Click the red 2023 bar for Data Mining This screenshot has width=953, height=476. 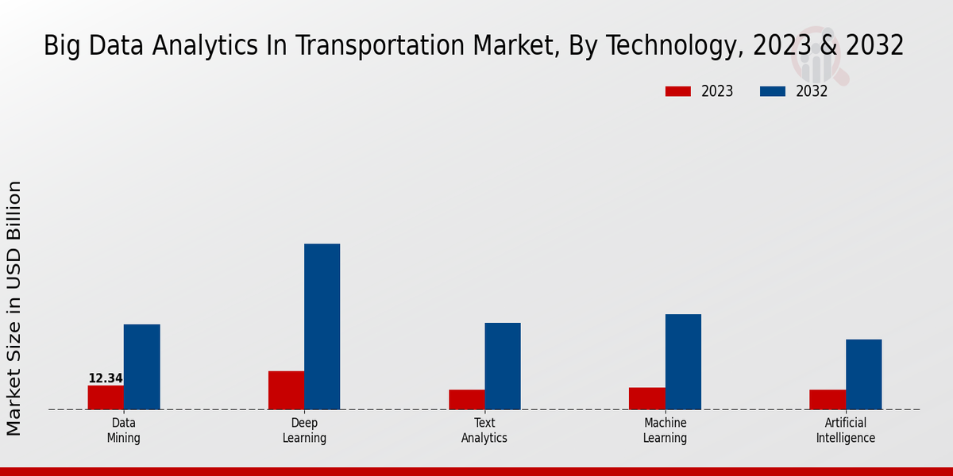[106, 397]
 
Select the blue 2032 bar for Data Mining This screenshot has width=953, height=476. [141, 367]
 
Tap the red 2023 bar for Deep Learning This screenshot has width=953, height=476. [286, 390]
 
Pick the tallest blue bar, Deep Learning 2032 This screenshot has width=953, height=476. [322, 326]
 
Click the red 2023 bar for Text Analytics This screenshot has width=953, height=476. [466, 400]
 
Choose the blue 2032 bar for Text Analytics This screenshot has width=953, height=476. [503, 366]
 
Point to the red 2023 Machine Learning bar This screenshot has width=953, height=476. [646, 398]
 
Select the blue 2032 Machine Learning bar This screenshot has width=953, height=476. [683, 362]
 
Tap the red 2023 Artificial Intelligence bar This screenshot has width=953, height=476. [828, 400]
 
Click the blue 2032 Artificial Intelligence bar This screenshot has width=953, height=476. [863, 374]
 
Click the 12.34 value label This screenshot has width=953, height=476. [106, 378]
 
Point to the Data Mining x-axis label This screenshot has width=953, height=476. [123, 431]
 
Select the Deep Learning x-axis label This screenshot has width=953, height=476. [304, 431]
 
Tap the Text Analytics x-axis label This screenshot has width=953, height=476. [484, 431]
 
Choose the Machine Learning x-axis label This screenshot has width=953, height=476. [666, 431]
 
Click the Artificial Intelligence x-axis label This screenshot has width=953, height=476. [846, 431]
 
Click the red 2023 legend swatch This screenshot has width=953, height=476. [677, 91]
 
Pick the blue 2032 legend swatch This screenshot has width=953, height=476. [772, 91]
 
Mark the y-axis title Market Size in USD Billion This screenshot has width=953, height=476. [14, 308]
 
